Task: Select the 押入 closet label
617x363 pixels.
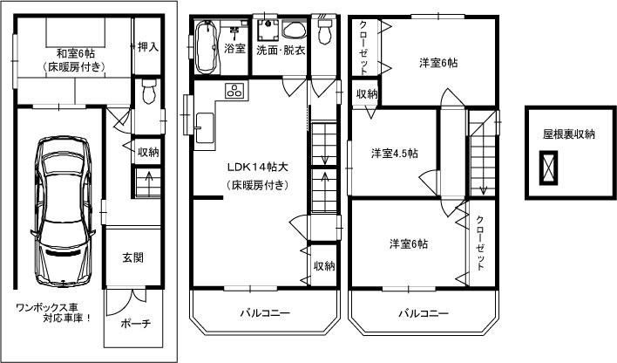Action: click(x=148, y=46)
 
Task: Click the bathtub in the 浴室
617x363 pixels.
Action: click(x=207, y=49)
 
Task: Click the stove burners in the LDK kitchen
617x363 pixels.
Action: click(x=235, y=89)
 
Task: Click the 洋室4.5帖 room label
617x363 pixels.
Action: click(x=394, y=154)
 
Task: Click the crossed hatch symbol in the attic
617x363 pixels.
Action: click(x=549, y=167)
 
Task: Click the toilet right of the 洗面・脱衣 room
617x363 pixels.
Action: click(x=324, y=33)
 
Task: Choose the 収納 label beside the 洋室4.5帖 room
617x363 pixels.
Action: click(x=366, y=93)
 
